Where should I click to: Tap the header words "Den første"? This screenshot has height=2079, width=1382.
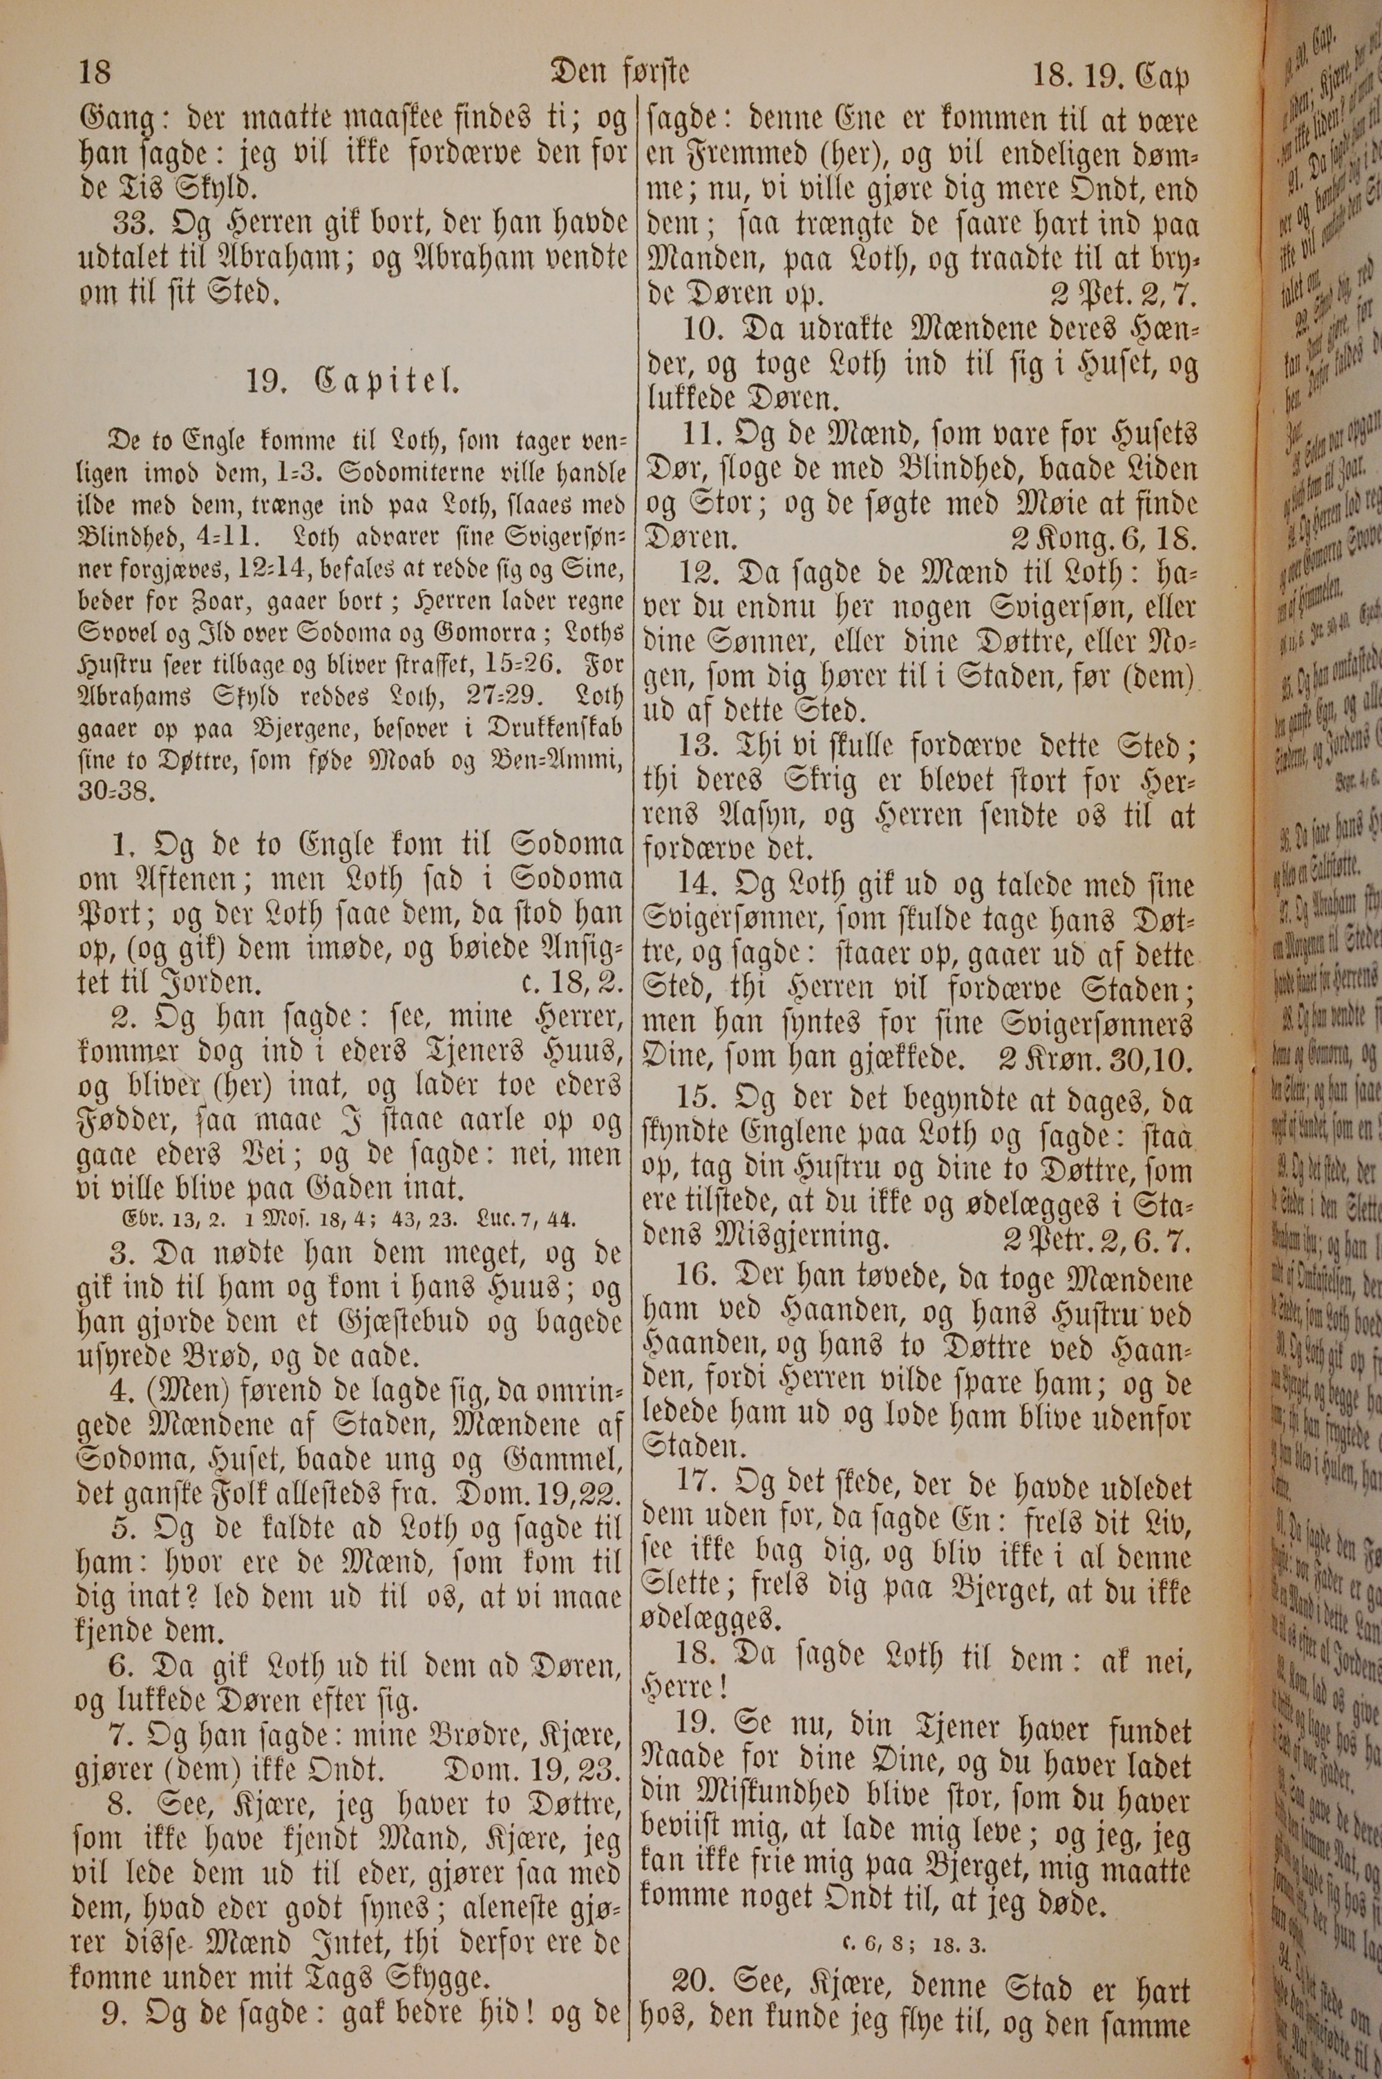(x=618, y=70)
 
